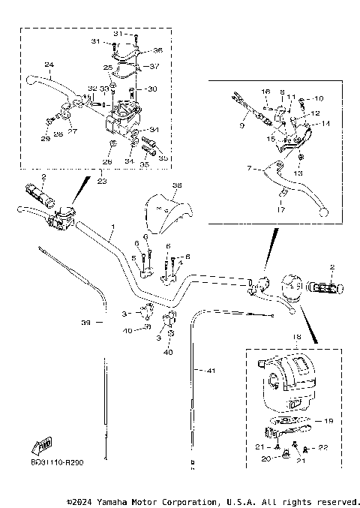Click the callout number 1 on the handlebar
[113, 226]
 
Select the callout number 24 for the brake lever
[48, 65]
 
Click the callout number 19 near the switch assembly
[328, 422]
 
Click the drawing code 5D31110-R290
[58, 463]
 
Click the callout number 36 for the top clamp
[157, 50]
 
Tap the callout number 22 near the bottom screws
[324, 449]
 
